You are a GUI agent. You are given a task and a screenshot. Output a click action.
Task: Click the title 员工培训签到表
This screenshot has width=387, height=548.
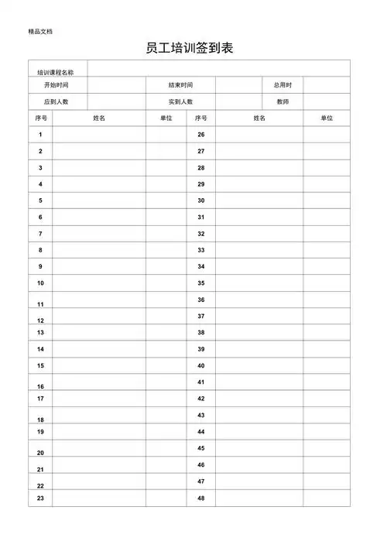pos(190,49)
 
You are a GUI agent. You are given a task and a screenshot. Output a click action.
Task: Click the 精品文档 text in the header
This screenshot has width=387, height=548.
pos(40,31)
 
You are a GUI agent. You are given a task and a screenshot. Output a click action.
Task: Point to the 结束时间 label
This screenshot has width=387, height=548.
pos(180,85)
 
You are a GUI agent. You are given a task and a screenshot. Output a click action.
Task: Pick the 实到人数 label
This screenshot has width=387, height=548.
pos(180,101)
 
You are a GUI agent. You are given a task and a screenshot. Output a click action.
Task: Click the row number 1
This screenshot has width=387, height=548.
pos(40,135)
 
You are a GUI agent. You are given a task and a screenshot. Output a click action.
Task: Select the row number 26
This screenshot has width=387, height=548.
pos(200,135)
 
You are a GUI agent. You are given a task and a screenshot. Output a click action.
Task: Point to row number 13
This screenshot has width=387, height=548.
pos(40,332)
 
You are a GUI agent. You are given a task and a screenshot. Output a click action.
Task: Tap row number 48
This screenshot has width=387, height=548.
pos(200,498)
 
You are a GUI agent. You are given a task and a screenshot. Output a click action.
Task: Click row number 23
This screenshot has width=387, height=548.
pos(40,498)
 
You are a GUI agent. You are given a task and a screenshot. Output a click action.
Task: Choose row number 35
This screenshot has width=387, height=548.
pos(200,283)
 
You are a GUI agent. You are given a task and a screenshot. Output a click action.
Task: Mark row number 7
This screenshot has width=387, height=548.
pos(40,233)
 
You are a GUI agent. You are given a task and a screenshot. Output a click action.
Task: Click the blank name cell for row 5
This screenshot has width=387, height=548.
pos(98,200)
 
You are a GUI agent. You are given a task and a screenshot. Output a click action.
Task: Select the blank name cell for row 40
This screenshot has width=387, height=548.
pos(259,365)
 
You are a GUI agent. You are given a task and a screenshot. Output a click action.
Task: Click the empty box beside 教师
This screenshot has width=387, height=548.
pos(326,101)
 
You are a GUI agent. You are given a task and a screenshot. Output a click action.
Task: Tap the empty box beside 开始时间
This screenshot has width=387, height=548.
pos(116,85)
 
